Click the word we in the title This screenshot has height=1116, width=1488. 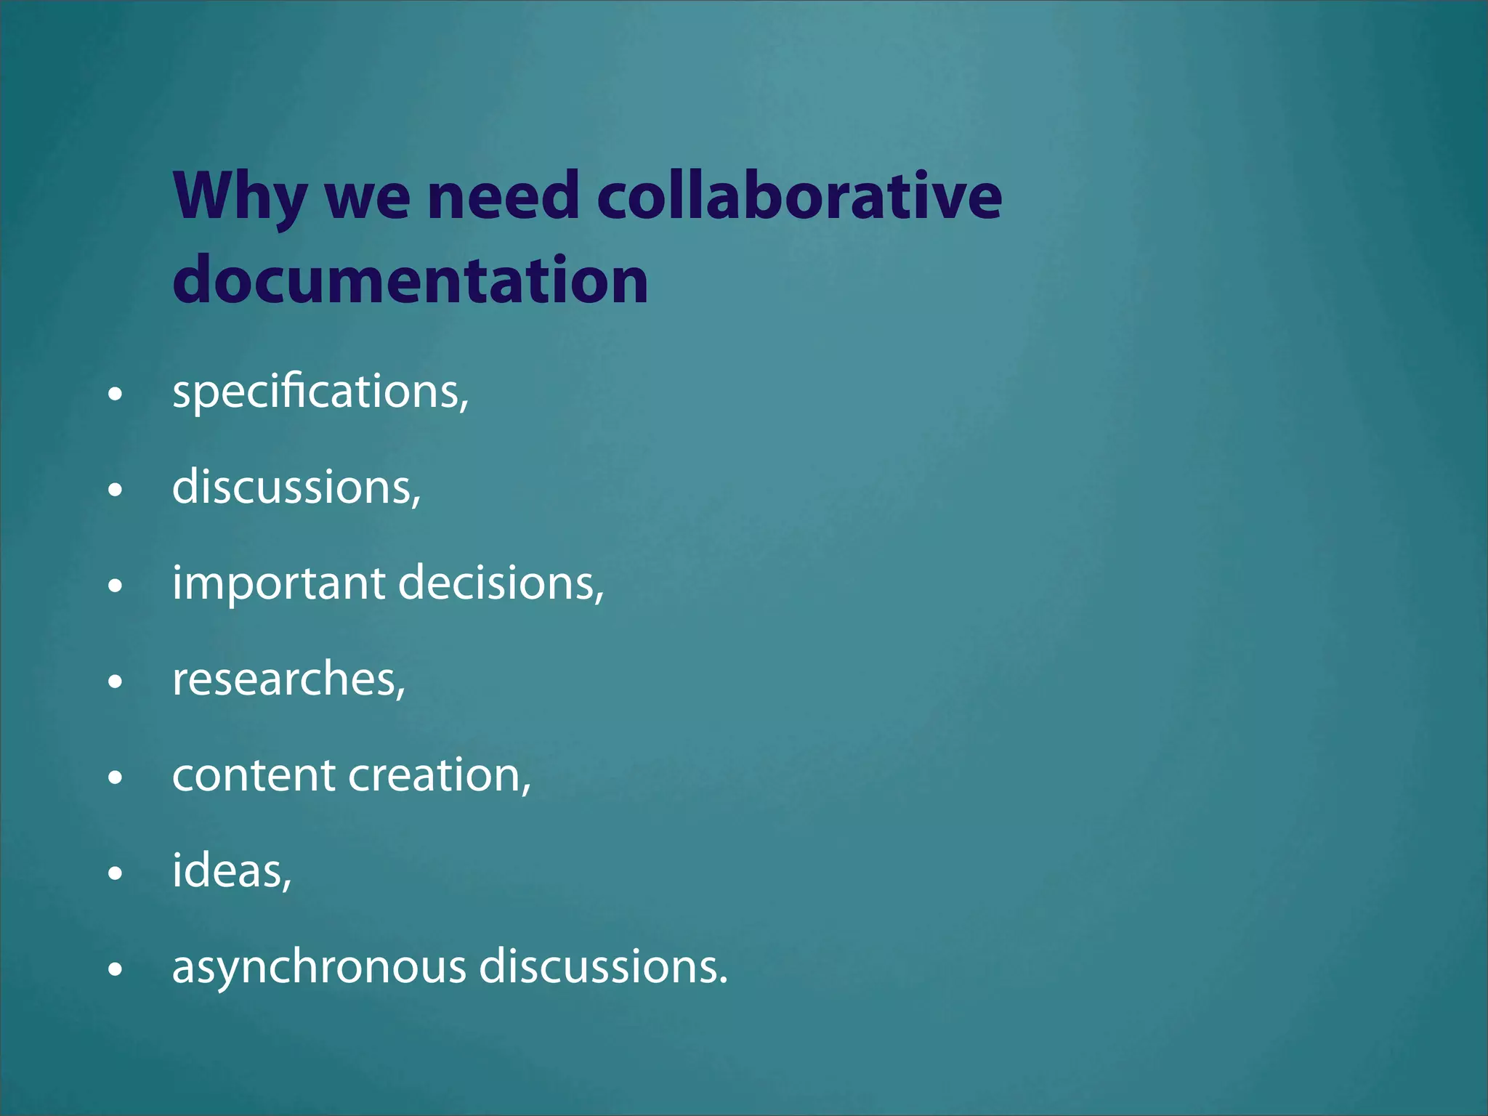pyautogui.click(x=368, y=198)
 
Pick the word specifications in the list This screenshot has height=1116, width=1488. pyautogui.click(x=320, y=392)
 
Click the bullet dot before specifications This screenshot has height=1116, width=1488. pyautogui.click(x=115, y=395)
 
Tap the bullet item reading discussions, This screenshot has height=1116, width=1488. pyautogui.click(x=296, y=487)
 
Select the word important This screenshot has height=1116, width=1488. pyautogui.click(x=278, y=583)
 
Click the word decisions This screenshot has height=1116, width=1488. pyautogui.click(x=501, y=583)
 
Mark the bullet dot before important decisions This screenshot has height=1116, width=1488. pyautogui.click(x=115, y=586)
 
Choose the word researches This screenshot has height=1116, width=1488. pyautogui.click(x=288, y=679)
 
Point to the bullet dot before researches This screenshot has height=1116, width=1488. pyautogui.click(x=115, y=682)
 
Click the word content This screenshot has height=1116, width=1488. pyautogui.click(x=254, y=775)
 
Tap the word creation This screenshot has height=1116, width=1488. pyautogui.click(x=439, y=775)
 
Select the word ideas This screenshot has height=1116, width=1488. pyautogui.click(x=231, y=870)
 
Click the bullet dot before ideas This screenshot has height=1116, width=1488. pyautogui.click(x=115, y=873)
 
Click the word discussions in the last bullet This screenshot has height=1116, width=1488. pyautogui.click(x=602, y=966)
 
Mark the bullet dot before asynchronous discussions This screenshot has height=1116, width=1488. pyautogui.click(x=115, y=969)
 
